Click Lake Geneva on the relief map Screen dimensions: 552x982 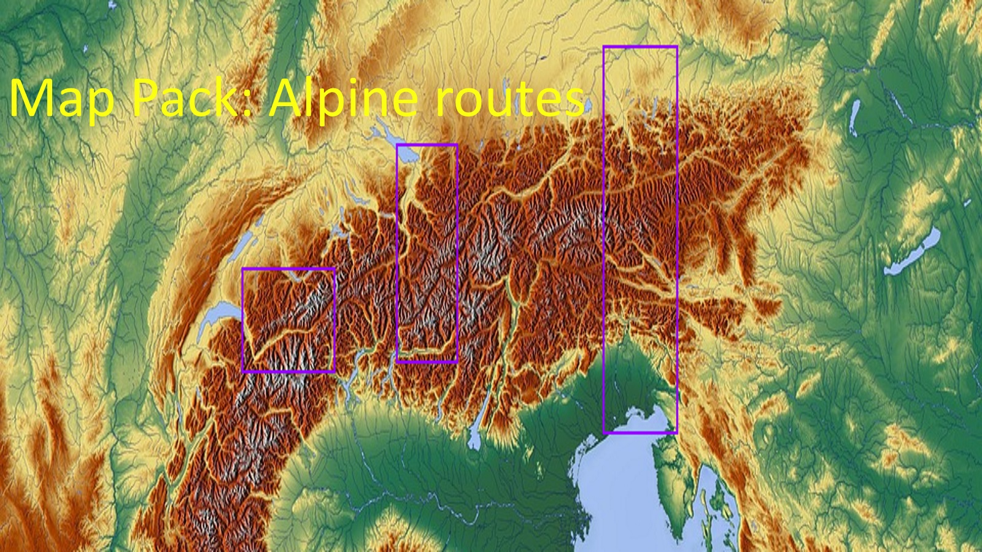(x=215, y=319)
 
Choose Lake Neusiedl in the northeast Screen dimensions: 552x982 (x=854, y=117)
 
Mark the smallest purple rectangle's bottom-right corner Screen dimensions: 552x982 (x=334, y=371)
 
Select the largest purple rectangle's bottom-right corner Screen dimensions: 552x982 (x=676, y=432)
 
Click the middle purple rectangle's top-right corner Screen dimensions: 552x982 (x=457, y=145)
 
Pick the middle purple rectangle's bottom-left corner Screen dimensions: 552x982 (x=398, y=361)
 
